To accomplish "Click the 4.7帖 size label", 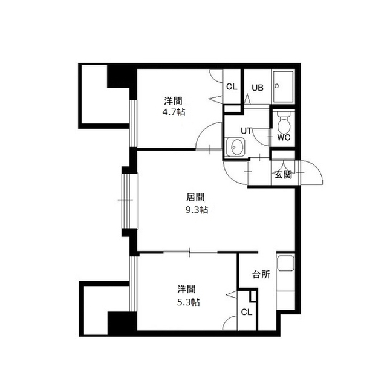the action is tap(174, 112).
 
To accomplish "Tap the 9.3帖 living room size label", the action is tap(197, 210).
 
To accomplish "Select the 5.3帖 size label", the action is tap(188, 302).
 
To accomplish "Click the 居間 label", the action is tap(195, 198).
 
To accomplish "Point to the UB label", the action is tap(258, 88).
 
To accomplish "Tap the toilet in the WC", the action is tap(284, 123).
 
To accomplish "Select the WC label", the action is tap(284, 137).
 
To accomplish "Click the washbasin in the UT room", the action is tap(235, 147).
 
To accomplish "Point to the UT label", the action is tap(246, 131).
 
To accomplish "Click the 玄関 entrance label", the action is tap(283, 175).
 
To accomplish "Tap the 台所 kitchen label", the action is tap(261, 275).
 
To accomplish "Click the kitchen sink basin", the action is tap(285, 264).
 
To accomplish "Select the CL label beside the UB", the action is tap(232, 87).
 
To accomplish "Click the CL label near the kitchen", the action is tap(247, 312).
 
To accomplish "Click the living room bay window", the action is tap(130, 201).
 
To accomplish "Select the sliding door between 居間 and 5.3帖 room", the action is tap(190, 252).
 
